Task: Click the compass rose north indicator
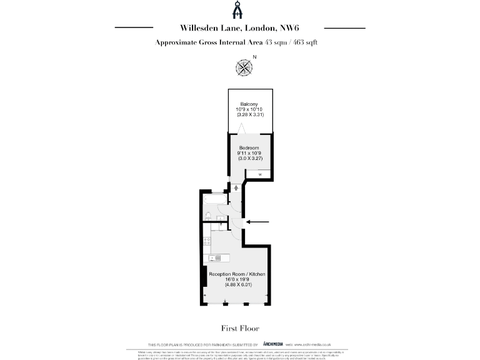tap(244, 66)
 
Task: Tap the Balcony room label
tap(249, 104)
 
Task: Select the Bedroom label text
tap(248, 147)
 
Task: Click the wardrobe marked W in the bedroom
tap(260, 174)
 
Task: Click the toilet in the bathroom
tap(207, 214)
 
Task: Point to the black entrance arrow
tap(258, 221)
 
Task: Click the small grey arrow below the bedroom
tap(236, 187)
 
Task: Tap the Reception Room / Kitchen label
tap(237, 274)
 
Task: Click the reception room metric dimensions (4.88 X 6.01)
tap(237, 286)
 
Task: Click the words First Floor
tap(240, 328)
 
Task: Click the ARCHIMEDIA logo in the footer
tap(272, 344)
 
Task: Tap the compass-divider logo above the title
tap(240, 10)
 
